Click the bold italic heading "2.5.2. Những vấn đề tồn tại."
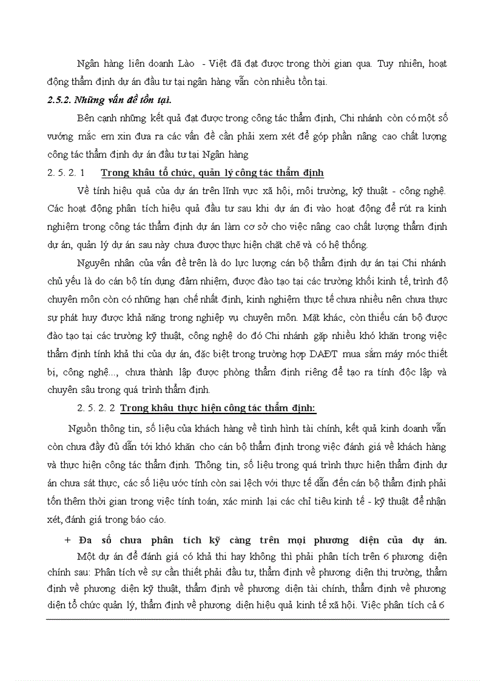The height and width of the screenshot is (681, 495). click(x=113, y=99)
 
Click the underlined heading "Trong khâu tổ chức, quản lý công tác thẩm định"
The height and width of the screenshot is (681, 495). click(x=212, y=173)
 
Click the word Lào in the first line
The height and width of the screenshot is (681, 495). click(x=181, y=64)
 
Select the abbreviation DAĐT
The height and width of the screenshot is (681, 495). click(x=326, y=354)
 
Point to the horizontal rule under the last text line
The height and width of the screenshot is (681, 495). click(x=247, y=619)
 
